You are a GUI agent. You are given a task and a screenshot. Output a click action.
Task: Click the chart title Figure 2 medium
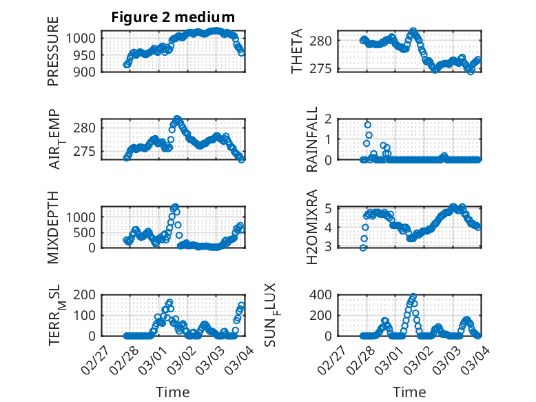coord(173,17)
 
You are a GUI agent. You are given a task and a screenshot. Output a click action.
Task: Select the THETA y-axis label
coord(297,52)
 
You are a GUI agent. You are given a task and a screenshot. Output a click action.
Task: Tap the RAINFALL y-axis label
coord(312,139)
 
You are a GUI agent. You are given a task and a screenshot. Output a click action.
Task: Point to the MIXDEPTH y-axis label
coord(53,227)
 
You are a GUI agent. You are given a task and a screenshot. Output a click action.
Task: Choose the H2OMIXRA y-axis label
coord(312,227)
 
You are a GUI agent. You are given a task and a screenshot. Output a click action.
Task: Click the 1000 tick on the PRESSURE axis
coord(85,37)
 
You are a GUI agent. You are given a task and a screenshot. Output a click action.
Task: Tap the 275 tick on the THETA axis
coord(326,68)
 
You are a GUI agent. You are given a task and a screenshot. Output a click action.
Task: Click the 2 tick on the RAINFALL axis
coord(329,119)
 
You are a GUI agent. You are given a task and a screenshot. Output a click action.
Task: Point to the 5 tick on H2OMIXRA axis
coord(329,208)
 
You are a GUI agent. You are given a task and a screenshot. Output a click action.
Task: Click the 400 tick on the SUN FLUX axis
coord(326,294)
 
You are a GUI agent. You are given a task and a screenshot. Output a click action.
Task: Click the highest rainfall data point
coord(368,125)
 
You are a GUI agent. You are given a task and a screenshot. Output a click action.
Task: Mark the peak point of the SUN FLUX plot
coord(413,297)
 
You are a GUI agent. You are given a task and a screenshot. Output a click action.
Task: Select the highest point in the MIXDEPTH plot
coord(175,207)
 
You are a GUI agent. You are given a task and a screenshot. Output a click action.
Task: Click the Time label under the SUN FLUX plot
coord(409,392)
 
